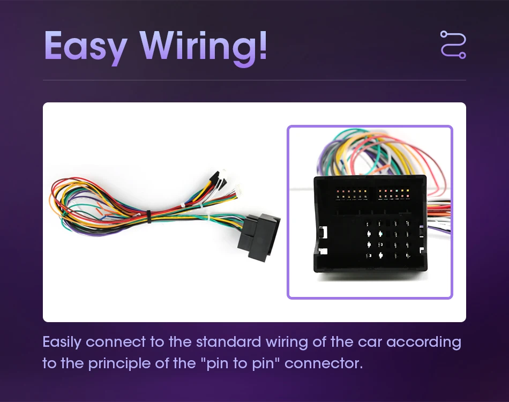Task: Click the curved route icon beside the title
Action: point(453,44)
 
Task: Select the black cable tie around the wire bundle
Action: point(148,215)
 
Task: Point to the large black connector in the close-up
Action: point(369,225)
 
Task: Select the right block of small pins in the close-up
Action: point(393,194)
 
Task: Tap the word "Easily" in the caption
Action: point(62,342)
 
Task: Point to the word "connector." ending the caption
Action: point(324,363)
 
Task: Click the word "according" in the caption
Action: point(424,342)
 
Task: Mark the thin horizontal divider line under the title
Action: point(254,80)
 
